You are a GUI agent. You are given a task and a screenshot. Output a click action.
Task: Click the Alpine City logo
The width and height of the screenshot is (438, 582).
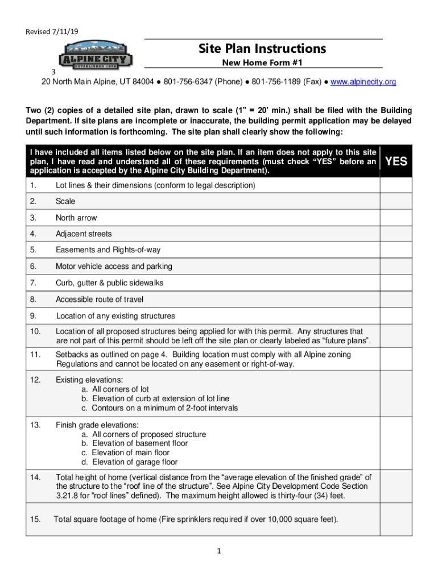[x=96, y=57]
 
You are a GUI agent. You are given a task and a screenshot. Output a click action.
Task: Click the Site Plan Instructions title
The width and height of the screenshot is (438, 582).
[x=262, y=49]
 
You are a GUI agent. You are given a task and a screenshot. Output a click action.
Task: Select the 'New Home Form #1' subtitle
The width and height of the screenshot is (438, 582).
[x=262, y=63]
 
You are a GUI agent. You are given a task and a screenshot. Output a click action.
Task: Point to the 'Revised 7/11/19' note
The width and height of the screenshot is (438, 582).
[x=52, y=32]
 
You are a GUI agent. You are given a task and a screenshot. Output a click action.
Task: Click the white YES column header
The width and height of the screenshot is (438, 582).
[x=396, y=161]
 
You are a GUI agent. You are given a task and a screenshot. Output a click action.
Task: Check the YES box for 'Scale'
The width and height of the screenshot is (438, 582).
[x=396, y=202]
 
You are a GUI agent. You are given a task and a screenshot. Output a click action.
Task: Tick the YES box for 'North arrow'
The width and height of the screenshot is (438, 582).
[x=396, y=218]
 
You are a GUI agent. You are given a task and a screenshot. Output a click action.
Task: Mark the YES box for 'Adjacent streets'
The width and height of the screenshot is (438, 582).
[x=396, y=234]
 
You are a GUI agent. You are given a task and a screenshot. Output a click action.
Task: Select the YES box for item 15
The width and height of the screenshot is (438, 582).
[x=396, y=519]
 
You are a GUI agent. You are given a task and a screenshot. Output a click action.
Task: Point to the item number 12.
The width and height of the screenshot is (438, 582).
[x=35, y=380]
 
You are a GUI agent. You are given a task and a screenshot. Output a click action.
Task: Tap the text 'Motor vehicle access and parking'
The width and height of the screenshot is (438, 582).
[x=114, y=267]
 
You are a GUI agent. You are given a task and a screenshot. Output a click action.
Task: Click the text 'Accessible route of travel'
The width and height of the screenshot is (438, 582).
[x=100, y=300]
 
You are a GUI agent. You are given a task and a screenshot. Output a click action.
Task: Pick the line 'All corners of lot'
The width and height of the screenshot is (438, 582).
[x=115, y=389]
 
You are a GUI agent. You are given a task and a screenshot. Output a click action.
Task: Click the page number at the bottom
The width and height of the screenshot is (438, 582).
[x=219, y=551]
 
